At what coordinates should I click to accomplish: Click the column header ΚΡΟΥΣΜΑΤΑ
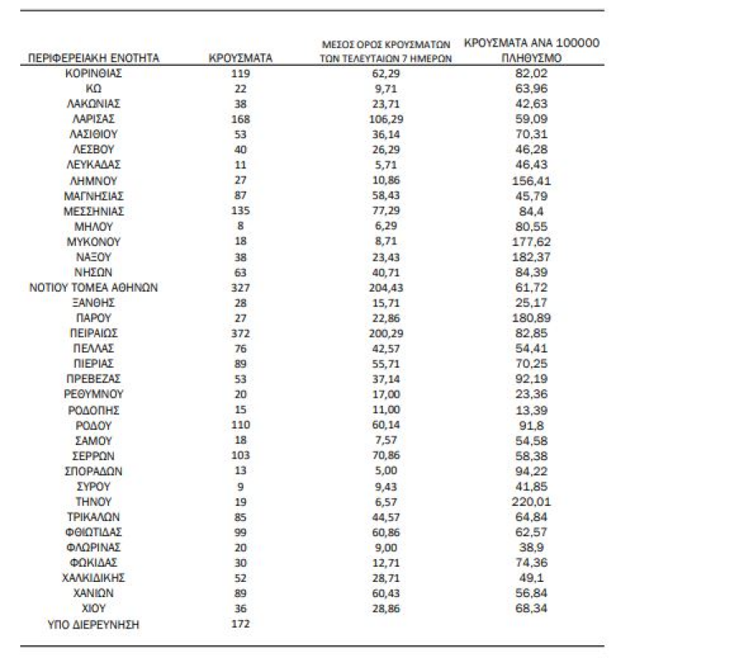[240, 58]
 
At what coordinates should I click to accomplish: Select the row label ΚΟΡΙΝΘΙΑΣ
[94, 73]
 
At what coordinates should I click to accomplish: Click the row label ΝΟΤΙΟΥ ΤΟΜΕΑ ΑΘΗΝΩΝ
[94, 288]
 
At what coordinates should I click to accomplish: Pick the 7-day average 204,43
[388, 288]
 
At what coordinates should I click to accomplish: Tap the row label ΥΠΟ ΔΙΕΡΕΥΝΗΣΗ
[94, 624]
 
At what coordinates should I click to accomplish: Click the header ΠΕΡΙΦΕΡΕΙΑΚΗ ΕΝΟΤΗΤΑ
[94, 58]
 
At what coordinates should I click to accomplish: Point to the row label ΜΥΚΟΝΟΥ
[94, 242]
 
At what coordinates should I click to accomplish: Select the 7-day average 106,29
[388, 119]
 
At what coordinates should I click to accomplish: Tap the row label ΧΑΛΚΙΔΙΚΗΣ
[94, 578]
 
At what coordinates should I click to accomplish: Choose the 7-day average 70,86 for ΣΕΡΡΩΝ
[388, 455]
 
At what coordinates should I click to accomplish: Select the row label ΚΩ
[94, 88]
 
